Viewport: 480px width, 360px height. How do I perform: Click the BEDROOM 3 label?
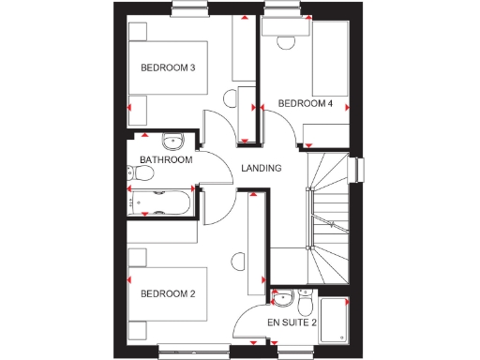(x=168, y=67)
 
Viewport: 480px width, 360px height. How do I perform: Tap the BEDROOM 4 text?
(x=306, y=103)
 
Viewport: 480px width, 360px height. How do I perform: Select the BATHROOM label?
(x=166, y=160)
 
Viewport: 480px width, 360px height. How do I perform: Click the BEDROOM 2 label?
(x=168, y=294)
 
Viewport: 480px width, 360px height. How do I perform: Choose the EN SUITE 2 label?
(x=292, y=322)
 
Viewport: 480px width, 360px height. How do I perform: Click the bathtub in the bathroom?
(x=159, y=201)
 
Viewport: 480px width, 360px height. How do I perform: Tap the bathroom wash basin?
(x=172, y=142)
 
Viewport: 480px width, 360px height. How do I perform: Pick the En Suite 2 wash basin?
(x=279, y=299)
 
